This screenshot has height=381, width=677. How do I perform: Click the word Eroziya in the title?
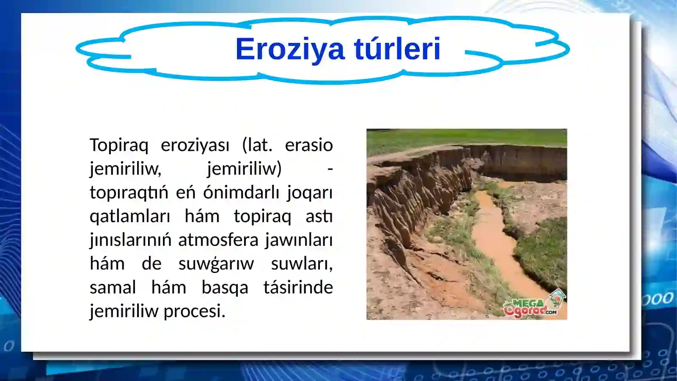[290, 49]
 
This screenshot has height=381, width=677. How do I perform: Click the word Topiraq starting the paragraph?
[119, 145]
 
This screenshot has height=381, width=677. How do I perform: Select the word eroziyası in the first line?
[195, 145]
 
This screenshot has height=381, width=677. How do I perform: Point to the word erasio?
[309, 145]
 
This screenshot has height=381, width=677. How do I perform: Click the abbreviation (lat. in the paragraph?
[257, 145]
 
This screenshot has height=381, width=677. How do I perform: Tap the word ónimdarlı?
[241, 193]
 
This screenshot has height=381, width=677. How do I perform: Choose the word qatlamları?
[129, 217]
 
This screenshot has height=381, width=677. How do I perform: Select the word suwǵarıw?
[216, 264]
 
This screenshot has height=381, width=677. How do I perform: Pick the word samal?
[113, 288]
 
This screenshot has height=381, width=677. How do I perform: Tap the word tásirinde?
[298, 288]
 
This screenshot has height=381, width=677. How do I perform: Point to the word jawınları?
[299, 240]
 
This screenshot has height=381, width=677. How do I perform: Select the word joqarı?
[310, 193]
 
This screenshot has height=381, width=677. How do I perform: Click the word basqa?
[225, 288]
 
